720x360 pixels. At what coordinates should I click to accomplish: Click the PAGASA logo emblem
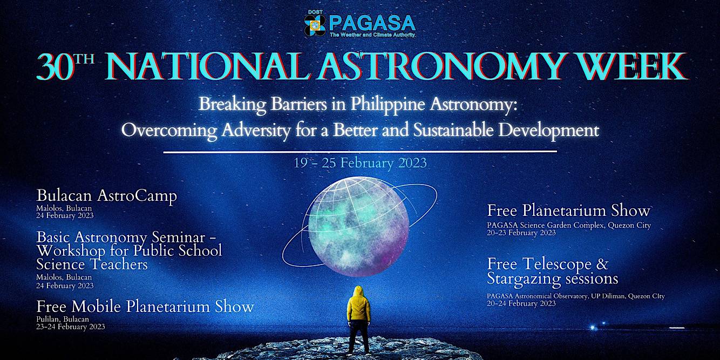click(x=315, y=25)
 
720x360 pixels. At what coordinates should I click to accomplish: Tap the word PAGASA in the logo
click(x=372, y=23)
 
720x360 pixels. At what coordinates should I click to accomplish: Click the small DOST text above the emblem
click(x=315, y=12)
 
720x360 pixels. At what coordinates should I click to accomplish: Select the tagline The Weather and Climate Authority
click(x=372, y=35)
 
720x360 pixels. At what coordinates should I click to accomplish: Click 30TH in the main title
click(x=65, y=66)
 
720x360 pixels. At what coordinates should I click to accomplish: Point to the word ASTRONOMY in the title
click(x=442, y=66)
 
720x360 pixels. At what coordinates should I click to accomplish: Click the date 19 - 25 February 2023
click(x=360, y=163)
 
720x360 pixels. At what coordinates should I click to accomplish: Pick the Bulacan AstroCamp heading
click(x=106, y=196)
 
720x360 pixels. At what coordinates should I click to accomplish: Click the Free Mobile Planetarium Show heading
click(x=145, y=307)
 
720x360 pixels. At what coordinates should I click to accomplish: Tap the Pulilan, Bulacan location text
click(x=63, y=319)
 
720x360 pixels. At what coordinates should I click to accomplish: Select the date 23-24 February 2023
click(x=70, y=327)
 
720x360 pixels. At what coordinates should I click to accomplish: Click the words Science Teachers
click(x=92, y=264)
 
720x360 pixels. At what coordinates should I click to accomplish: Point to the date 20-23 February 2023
click(x=521, y=233)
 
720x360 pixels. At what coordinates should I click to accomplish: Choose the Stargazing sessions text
click(x=553, y=279)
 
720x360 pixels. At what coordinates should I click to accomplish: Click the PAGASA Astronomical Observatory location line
click(x=576, y=296)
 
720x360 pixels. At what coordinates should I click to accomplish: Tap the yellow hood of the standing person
click(x=358, y=292)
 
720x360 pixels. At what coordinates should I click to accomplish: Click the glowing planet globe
click(x=358, y=227)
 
